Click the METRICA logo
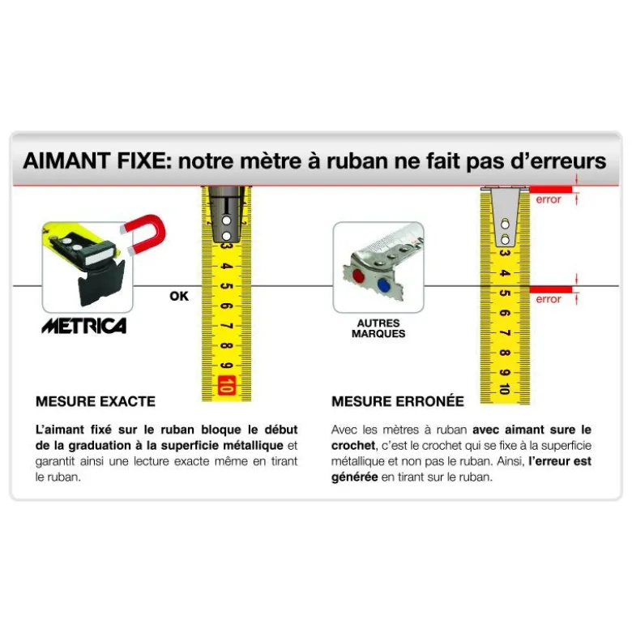[x=84, y=326]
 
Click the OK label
[x=179, y=296]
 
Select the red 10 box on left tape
[x=226, y=385]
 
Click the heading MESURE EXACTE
[x=96, y=401]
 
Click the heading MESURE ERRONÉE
[x=398, y=401]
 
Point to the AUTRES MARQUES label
[x=378, y=328]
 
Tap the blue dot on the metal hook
[x=383, y=284]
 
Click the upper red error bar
[x=551, y=190]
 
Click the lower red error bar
[x=551, y=289]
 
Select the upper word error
[x=548, y=199]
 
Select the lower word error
[x=548, y=299]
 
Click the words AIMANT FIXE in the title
[x=95, y=160]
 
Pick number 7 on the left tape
[x=227, y=326]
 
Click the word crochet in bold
[x=352, y=445]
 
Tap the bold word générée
[x=354, y=477]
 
